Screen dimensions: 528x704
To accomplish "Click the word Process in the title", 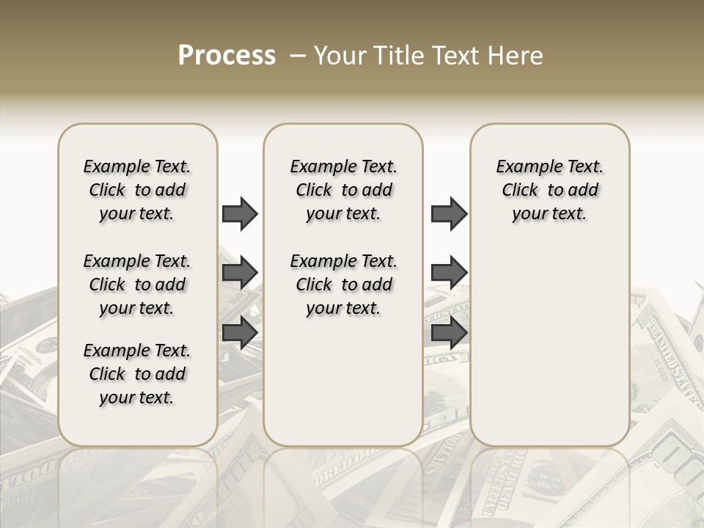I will coord(227,55).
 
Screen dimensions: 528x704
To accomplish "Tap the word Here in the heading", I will coord(516,56).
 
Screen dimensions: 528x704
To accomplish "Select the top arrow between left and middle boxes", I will coord(240,213).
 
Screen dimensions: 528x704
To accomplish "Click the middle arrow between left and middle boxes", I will coord(240,274).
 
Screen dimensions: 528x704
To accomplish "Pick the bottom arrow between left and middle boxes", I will coord(240,333).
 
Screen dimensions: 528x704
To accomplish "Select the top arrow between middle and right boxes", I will coord(449,213).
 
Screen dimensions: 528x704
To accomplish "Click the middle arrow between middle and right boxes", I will coord(449,274).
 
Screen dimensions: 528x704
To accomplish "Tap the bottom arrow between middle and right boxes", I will coord(449,333).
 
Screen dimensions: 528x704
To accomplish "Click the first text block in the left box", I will coord(137,190).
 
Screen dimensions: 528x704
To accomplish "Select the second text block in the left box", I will coord(137,285).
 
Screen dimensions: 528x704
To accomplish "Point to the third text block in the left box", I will coord(137,374).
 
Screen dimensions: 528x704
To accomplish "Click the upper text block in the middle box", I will coord(343,190).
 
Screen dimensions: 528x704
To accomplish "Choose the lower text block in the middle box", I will coord(343,285).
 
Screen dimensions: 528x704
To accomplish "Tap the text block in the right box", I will coord(550,190).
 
